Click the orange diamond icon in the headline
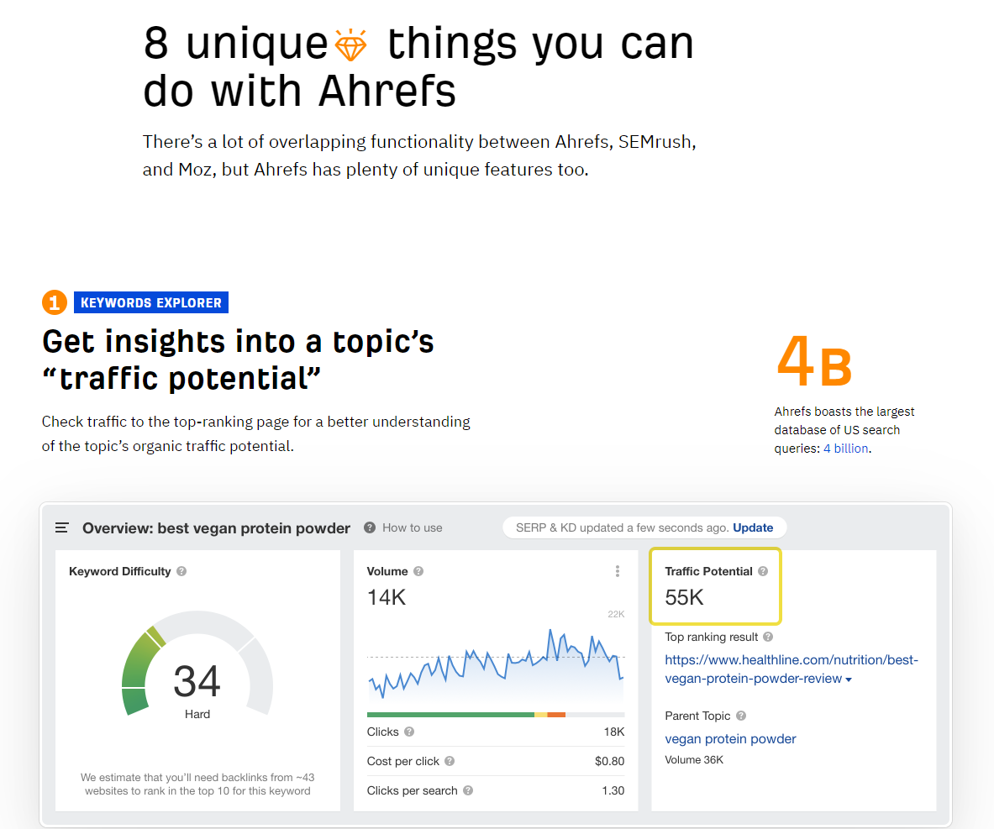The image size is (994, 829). point(350,45)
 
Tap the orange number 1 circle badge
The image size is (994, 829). point(55,302)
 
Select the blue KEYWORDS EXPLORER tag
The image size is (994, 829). point(151,302)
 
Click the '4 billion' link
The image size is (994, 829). point(845,448)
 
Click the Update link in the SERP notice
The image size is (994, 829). point(753,527)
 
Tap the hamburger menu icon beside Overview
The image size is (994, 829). point(61,527)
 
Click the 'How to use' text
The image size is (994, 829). point(412,527)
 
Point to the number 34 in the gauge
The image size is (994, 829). point(197,681)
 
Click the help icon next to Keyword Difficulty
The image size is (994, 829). point(181,571)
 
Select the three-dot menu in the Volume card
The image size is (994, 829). point(617,571)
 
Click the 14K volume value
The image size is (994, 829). point(386,597)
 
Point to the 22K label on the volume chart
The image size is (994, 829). point(616,614)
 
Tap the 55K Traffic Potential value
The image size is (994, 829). point(684,597)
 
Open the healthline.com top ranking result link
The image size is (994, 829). point(792,669)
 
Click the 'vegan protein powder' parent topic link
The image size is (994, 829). point(730,738)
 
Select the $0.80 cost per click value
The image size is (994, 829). point(609,761)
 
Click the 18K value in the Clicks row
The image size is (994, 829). point(614,732)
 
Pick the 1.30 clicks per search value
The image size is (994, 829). point(613,790)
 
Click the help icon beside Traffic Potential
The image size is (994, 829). point(763,571)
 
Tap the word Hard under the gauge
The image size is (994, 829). point(197,714)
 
